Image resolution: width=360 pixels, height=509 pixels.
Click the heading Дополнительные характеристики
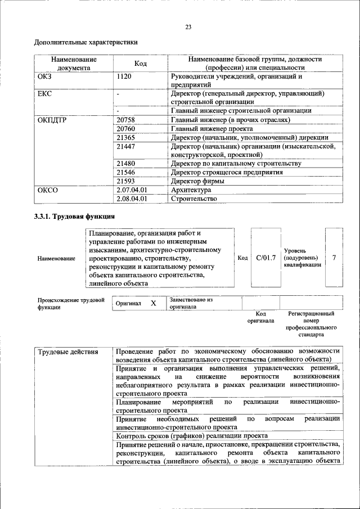(x=85, y=42)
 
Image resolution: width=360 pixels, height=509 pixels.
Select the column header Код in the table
(x=141, y=64)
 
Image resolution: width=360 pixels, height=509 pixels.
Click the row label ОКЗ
(x=45, y=76)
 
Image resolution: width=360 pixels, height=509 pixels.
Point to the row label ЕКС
(x=44, y=93)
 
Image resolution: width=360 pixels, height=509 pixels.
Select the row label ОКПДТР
(x=52, y=120)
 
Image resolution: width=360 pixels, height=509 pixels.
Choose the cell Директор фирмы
(x=197, y=181)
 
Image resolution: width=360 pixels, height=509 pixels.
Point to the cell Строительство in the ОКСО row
(x=193, y=199)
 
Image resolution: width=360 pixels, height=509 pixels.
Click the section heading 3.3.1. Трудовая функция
(x=75, y=217)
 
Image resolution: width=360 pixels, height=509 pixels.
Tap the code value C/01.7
(x=265, y=258)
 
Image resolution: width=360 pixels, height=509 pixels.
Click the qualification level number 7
(x=334, y=258)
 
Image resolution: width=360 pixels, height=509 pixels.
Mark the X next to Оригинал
(x=153, y=304)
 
